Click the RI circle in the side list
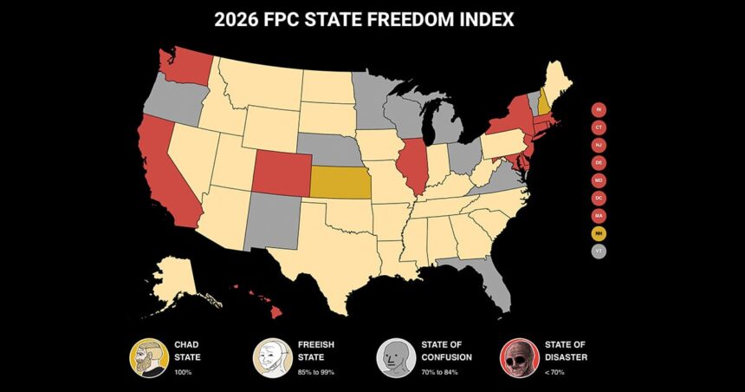[599, 109]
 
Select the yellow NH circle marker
[599, 232]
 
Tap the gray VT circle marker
[599, 251]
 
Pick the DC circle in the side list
[599, 198]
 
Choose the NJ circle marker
[599, 145]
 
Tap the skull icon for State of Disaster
[518, 356]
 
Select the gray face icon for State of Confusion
[393, 356]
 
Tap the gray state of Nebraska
[327, 147]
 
